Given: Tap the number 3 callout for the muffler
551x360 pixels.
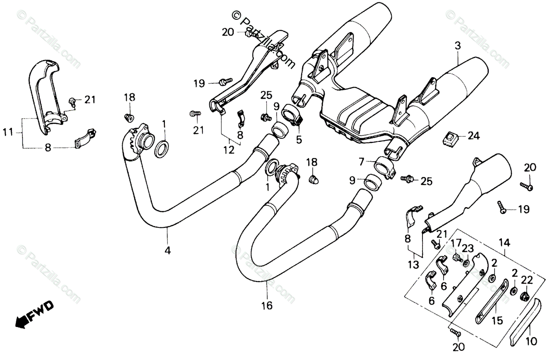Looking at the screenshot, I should click(457, 47).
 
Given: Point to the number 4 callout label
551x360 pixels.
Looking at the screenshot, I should click(168, 250).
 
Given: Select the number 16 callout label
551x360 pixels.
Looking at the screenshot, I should click(267, 304).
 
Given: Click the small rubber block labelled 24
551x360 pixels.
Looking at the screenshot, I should click(449, 136).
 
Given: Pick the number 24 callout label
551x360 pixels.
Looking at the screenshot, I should click(473, 135).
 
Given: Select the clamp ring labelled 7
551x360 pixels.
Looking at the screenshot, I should click(385, 168).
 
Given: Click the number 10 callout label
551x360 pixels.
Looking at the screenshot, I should click(530, 342).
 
